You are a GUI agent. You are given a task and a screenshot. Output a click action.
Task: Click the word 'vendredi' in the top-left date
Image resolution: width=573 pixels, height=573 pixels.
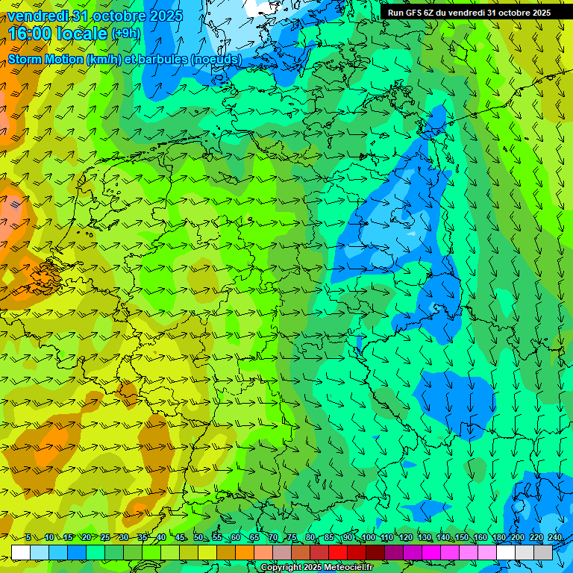pyautogui.click(x=37, y=15)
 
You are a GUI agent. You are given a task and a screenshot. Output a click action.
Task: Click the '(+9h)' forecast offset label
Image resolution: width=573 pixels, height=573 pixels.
pyautogui.click(x=126, y=34)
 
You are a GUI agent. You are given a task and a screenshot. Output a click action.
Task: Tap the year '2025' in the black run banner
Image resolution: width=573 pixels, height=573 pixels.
pyautogui.click(x=536, y=12)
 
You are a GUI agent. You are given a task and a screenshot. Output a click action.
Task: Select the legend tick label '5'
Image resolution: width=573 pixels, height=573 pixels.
pyautogui.click(x=28, y=538)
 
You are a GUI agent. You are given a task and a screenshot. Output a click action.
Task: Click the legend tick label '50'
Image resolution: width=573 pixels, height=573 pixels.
pyautogui.click(x=198, y=538)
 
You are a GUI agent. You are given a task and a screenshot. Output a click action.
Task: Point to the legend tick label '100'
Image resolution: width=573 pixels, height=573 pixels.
pyautogui.click(x=368, y=538)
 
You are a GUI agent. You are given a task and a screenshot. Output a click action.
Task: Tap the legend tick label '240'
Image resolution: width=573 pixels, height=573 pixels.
pyautogui.click(x=555, y=538)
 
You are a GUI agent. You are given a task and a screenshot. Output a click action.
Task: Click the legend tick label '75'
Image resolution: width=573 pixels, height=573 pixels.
pyautogui.click(x=292, y=538)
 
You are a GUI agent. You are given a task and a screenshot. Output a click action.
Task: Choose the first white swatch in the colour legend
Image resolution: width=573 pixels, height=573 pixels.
pyautogui.click(x=21, y=552)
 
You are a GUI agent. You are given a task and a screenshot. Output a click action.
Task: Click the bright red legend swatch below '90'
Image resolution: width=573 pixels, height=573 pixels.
pyautogui.click(x=338, y=552)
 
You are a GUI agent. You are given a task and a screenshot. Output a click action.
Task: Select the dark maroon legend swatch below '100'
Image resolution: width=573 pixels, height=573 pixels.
pyautogui.click(x=375, y=552)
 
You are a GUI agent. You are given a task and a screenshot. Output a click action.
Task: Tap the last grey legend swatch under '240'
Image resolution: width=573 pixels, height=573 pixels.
pyautogui.click(x=543, y=552)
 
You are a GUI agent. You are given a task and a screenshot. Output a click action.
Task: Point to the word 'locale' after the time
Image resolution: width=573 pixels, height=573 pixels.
pyautogui.click(x=79, y=34)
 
